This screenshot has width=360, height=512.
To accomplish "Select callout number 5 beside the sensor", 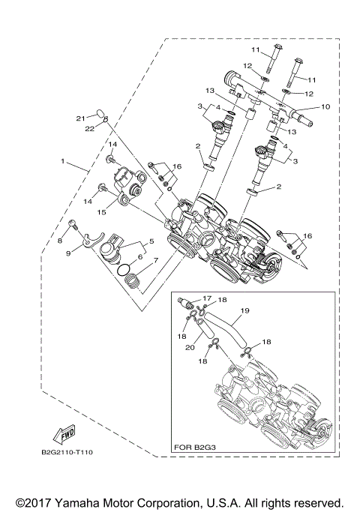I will [151, 241].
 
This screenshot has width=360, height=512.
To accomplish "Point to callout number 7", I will [155, 262].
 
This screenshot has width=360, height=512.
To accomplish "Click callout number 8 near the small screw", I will [61, 240].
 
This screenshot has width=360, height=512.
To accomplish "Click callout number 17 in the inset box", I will [206, 298].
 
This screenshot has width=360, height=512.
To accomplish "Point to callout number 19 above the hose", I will [244, 309].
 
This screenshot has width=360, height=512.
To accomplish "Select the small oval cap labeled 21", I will [101, 115].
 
